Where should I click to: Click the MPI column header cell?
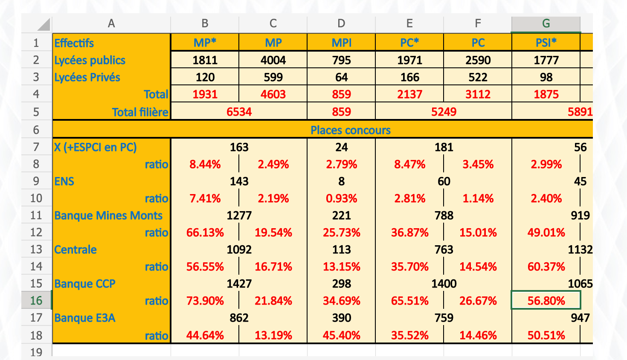341,43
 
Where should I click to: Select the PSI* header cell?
546,43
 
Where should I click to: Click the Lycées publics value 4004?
273,60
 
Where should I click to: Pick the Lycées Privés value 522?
478,77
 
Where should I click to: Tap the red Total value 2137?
409,94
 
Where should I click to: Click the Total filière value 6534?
239,112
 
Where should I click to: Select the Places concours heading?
350,130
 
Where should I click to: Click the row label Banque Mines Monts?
108,215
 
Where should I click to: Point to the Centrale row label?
75,250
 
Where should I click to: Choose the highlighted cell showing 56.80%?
546,301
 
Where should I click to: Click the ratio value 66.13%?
205,232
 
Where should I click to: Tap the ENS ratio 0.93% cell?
341,198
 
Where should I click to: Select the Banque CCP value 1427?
239,284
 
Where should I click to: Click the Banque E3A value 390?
341,318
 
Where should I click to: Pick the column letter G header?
546,23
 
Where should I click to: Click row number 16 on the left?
36,301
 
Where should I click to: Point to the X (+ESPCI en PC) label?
95,147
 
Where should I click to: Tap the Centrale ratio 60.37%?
546,267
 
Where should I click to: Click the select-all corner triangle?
44,24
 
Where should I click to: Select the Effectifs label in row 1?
74,43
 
